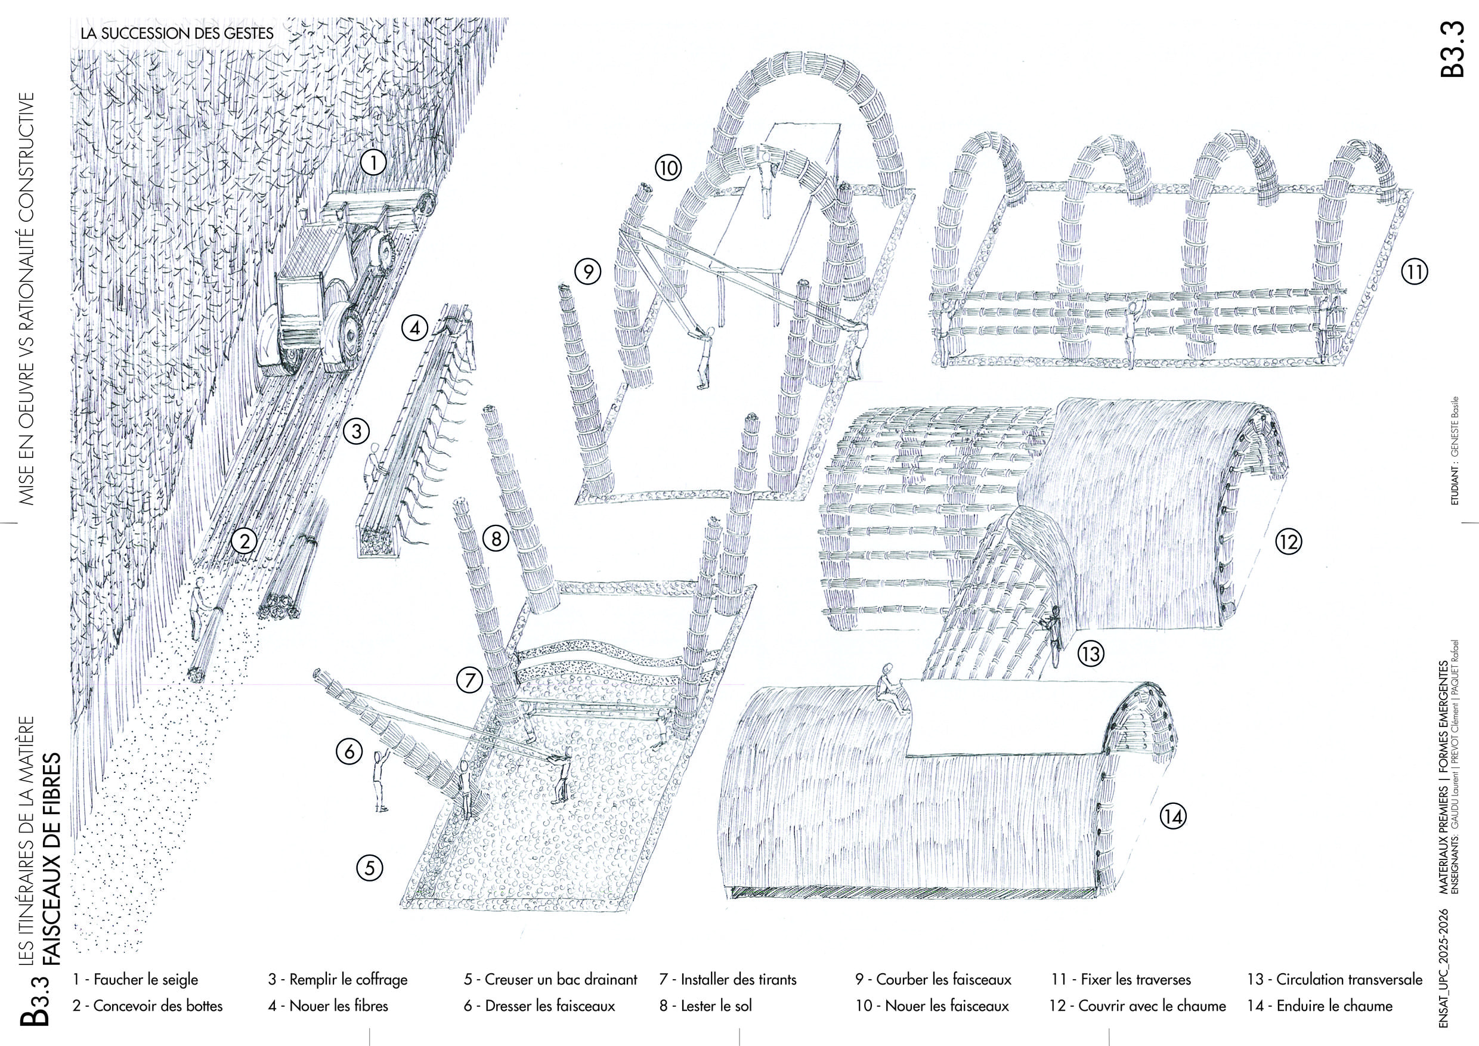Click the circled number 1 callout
[373, 162]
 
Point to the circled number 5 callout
[369, 868]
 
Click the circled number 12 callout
[1288, 541]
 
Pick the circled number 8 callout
[496, 538]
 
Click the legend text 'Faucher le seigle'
[136, 980]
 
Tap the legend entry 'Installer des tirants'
[728, 980]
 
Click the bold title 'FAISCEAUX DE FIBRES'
[51, 859]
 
